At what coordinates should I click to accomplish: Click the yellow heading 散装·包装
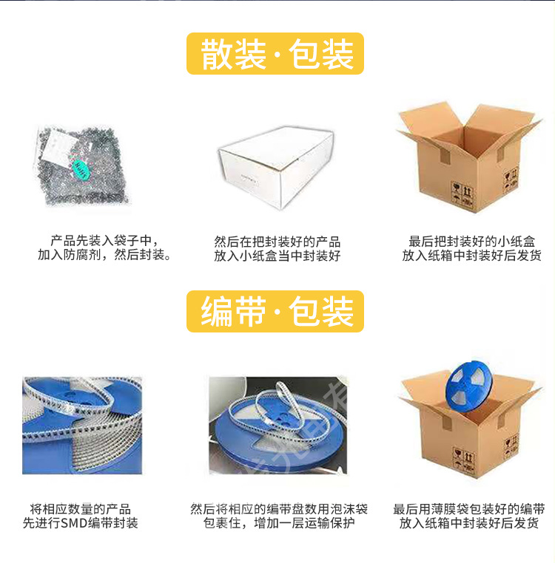pos(275,53)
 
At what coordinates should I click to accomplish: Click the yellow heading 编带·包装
pos(275,311)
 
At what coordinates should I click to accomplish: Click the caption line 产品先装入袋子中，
pos(104,241)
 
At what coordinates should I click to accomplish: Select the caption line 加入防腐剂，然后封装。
pos(104,256)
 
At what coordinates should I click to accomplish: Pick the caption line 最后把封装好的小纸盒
pos(472,241)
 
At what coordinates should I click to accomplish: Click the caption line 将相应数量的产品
pos(81,509)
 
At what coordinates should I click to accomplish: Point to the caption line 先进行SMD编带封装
pos(81,523)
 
